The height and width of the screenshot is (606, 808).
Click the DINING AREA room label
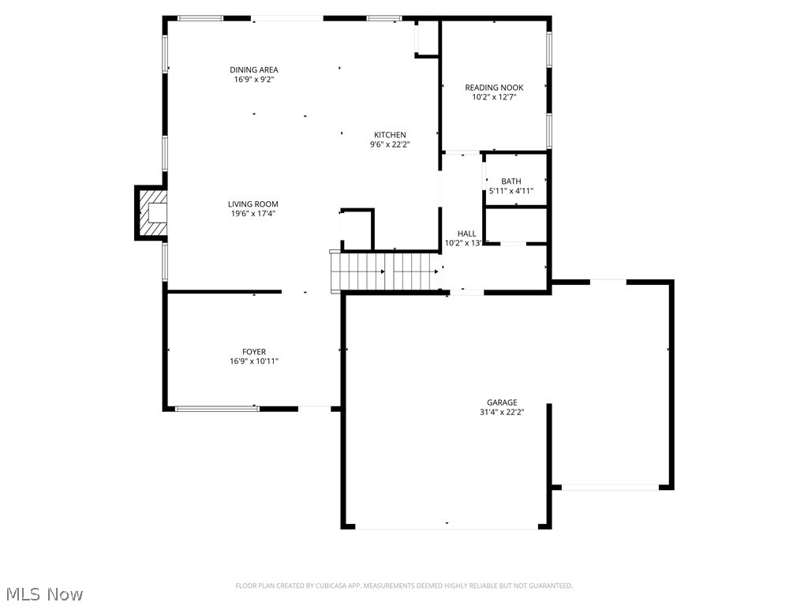[253, 69]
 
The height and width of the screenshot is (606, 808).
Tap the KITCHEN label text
[390, 135]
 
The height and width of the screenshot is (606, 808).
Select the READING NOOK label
[493, 88]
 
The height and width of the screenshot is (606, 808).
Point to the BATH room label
[511, 181]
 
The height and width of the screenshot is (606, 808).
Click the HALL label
[466, 234]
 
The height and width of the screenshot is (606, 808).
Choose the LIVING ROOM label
[253, 204]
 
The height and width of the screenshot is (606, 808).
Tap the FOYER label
[253, 352]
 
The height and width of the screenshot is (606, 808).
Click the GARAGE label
[501, 402]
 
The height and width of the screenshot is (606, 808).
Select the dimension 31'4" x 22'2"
[501, 412]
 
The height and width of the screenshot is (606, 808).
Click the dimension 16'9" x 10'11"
[253, 361]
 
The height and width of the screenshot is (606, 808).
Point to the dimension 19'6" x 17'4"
[253, 214]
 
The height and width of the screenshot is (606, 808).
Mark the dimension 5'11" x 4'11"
[511, 191]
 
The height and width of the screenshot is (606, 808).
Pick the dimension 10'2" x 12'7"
[493, 97]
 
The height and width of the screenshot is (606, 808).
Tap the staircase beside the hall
[384, 271]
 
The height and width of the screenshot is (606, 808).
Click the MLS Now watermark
[43, 593]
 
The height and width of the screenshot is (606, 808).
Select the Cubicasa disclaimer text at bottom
[403, 585]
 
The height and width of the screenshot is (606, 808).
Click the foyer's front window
[217, 409]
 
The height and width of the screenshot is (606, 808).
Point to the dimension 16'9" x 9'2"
[253, 79]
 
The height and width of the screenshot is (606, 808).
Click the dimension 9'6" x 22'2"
[390, 144]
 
